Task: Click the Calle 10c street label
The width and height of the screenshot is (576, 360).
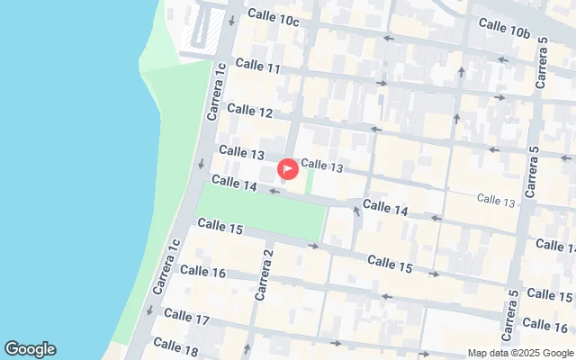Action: coord(273,17)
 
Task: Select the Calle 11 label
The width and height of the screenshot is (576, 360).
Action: coord(257,67)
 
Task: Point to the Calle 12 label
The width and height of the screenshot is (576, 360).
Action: coord(249,110)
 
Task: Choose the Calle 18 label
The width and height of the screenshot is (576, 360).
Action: coord(175,344)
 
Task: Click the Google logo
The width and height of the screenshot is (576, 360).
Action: coord(30,349)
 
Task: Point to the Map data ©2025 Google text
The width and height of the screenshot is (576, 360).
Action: coord(520,353)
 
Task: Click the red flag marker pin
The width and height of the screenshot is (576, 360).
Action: coord(287,168)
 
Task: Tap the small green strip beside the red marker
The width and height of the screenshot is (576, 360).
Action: coord(310,182)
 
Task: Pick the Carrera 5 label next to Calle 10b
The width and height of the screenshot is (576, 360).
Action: coord(541,63)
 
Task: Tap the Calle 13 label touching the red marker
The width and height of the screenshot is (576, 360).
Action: coord(322,166)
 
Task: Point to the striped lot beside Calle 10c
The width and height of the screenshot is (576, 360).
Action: coord(201,32)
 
